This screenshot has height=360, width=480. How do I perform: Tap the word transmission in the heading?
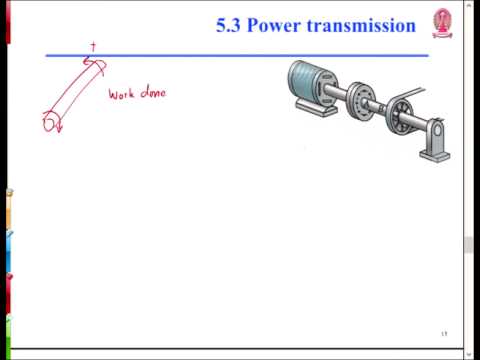click(x=361, y=27)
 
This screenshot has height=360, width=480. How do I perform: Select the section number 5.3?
click(x=230, y=27)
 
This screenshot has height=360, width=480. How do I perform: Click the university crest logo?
click(x=441, y=23)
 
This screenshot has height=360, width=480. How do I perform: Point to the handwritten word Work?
click(x=123, y=95)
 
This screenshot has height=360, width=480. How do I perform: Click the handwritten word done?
click(x=153, y=94)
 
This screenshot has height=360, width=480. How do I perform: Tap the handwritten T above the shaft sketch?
click(x=94, y=46)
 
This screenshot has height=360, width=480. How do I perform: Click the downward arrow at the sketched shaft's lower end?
click(x=58, y=127)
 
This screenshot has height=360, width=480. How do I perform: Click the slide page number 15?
click(x=443, y=333)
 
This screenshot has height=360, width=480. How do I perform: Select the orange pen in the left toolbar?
click(x=5, y=215)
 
